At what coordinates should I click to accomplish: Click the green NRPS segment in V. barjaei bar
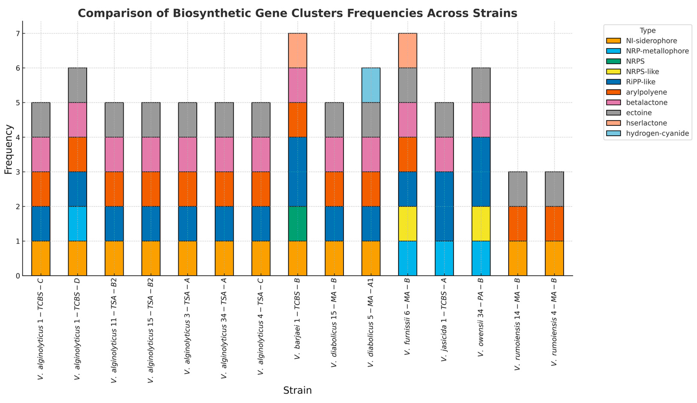coord(297,224)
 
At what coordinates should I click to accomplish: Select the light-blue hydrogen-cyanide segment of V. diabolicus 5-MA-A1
coord(371,85)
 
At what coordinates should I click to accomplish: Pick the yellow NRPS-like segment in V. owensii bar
coord(481,224)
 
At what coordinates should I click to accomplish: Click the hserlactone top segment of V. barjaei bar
coord(297,50)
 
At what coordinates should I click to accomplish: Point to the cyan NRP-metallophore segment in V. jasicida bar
coord(444,258)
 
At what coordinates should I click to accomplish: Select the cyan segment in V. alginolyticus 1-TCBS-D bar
coord(77,224)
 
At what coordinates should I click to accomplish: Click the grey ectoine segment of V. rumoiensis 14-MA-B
coord(517,189)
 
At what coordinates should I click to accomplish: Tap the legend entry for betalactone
coord(646,102)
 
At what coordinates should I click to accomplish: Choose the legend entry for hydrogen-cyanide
coord(657,133)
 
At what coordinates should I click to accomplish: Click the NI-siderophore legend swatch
coord(613,41)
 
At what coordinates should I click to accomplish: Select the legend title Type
coord(648,30)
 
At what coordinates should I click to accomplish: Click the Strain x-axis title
coord(297,390)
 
